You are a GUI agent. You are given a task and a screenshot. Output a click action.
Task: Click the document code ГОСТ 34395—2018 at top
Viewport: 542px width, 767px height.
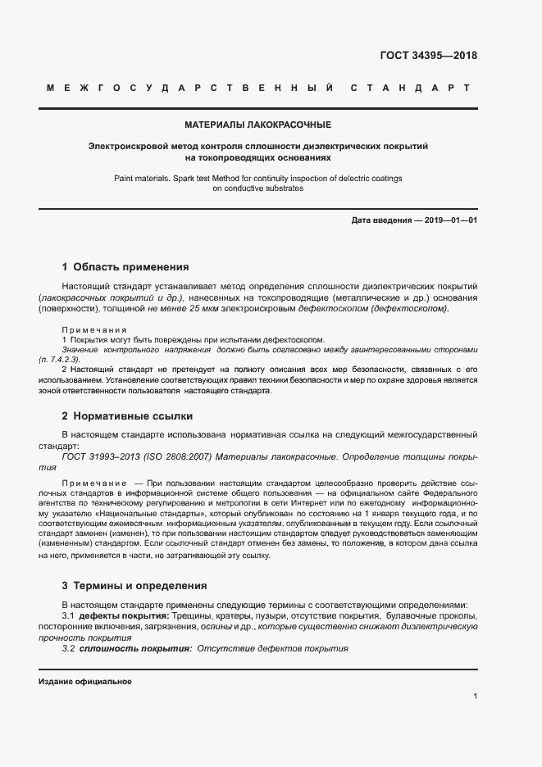[x=429, y=56]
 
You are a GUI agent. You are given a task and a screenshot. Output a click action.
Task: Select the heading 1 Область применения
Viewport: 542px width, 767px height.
[x=125, y=266]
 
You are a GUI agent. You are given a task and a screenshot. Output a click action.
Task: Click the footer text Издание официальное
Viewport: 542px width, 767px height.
[x=84, y=682]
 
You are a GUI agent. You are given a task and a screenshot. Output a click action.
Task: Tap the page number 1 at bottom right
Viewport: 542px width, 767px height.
[x=475, y=696]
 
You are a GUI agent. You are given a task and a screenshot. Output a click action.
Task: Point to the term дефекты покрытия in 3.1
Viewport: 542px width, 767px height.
[x=124, y=615]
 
